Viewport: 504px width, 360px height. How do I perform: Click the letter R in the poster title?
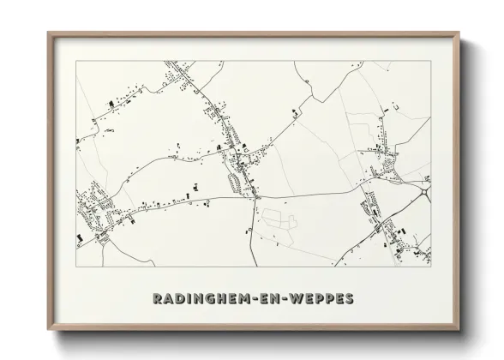pos(159,299)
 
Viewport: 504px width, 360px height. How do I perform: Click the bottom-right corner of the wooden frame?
pos(459,330)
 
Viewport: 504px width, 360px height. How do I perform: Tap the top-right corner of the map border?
pos(430,62)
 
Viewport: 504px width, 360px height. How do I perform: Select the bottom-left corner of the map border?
pos(77,267)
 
